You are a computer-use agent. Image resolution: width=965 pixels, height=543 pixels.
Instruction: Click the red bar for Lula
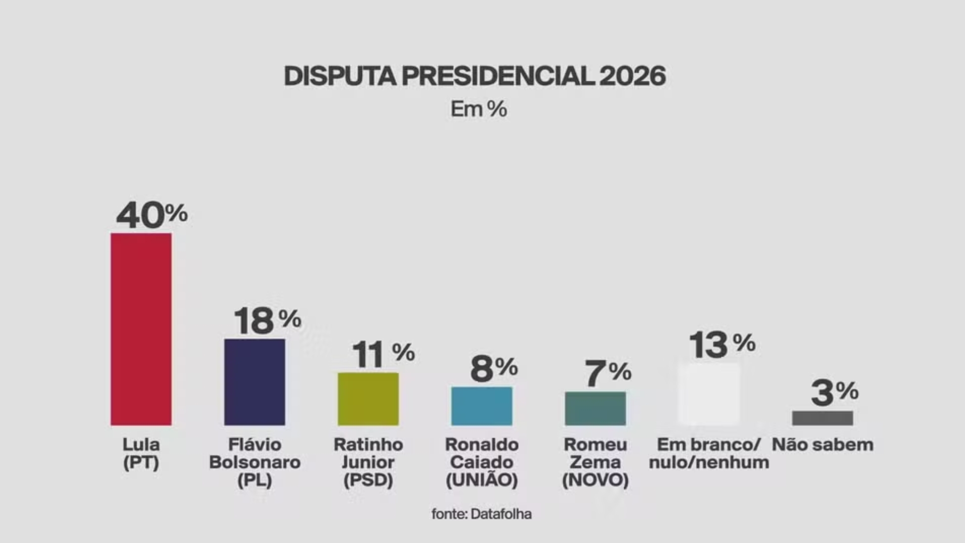[x=141, y=329]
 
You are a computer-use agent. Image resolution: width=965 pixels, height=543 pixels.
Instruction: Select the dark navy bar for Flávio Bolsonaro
[x=254, y=382]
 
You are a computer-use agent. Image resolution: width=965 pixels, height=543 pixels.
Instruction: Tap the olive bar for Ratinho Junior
[x=368, y=399]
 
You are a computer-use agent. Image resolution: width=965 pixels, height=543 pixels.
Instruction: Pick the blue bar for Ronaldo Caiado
[x=481, y=406]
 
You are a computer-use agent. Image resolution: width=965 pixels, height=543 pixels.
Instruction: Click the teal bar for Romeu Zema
[x=595, y=408]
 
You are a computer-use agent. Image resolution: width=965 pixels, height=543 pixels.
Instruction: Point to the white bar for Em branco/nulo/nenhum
[x=709, y=394]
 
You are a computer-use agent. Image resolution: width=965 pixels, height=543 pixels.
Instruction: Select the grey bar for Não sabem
[x=822, y=418]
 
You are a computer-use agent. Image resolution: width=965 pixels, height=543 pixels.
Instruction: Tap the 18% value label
[x=267, y=321]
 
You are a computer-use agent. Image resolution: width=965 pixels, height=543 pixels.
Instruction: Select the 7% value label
[x=607, y=373]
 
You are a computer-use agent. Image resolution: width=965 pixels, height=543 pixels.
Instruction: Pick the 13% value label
[x=722, y=345]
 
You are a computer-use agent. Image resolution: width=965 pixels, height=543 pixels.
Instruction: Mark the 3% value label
[x=834, y=393]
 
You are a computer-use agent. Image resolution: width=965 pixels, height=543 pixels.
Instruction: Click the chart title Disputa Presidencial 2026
[x=475, y=76]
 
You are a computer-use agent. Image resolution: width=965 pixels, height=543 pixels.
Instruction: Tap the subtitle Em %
[x=478, y=109]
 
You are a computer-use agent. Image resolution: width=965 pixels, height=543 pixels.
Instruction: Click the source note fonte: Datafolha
[x=481, y=514]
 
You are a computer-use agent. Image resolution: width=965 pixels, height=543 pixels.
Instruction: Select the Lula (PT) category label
[x=141, y=453]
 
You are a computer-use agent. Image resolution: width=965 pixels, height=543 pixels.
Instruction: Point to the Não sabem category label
[x=822, y=444]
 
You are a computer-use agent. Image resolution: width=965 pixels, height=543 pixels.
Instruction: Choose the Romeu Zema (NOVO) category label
[x=595, y=462]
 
